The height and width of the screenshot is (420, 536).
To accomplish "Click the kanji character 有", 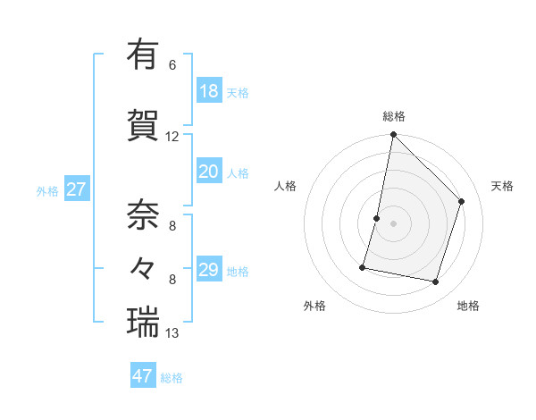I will [x=143, y=55].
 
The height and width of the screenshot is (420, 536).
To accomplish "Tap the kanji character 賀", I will [x=143, y=124].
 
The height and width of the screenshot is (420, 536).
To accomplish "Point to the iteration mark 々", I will [x=143, y=267].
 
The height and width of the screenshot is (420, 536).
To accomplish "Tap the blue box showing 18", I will [x=209, y=91].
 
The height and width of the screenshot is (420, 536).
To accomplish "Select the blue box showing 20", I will [x=209, y=172].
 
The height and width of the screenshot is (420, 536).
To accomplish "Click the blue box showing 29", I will [x=209, y=270].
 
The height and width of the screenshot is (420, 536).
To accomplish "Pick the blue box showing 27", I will [x=77, y=189].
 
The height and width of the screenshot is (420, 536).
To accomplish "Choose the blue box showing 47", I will [x=143, y=376].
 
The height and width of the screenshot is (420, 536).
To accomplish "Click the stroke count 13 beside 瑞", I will [x=172, y=334].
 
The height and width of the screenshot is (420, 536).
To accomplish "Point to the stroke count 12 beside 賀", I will [x=172, y=137].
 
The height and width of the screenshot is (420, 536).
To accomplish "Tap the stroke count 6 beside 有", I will [x=172, y=65].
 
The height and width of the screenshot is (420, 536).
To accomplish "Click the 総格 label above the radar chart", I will [x=394, y=116].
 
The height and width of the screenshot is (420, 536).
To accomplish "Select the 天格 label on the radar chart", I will [x=502, y=186].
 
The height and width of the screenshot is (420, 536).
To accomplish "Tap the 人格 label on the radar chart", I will [x=285, y=186].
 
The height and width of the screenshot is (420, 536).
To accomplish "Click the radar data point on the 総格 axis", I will [x=394, y=135].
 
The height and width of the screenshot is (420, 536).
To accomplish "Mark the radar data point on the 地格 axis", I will [x=436, y=282].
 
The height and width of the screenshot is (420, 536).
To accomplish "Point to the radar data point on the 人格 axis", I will [x=377, y=218].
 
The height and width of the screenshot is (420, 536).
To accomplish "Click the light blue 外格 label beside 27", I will [x=47, y=190].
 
